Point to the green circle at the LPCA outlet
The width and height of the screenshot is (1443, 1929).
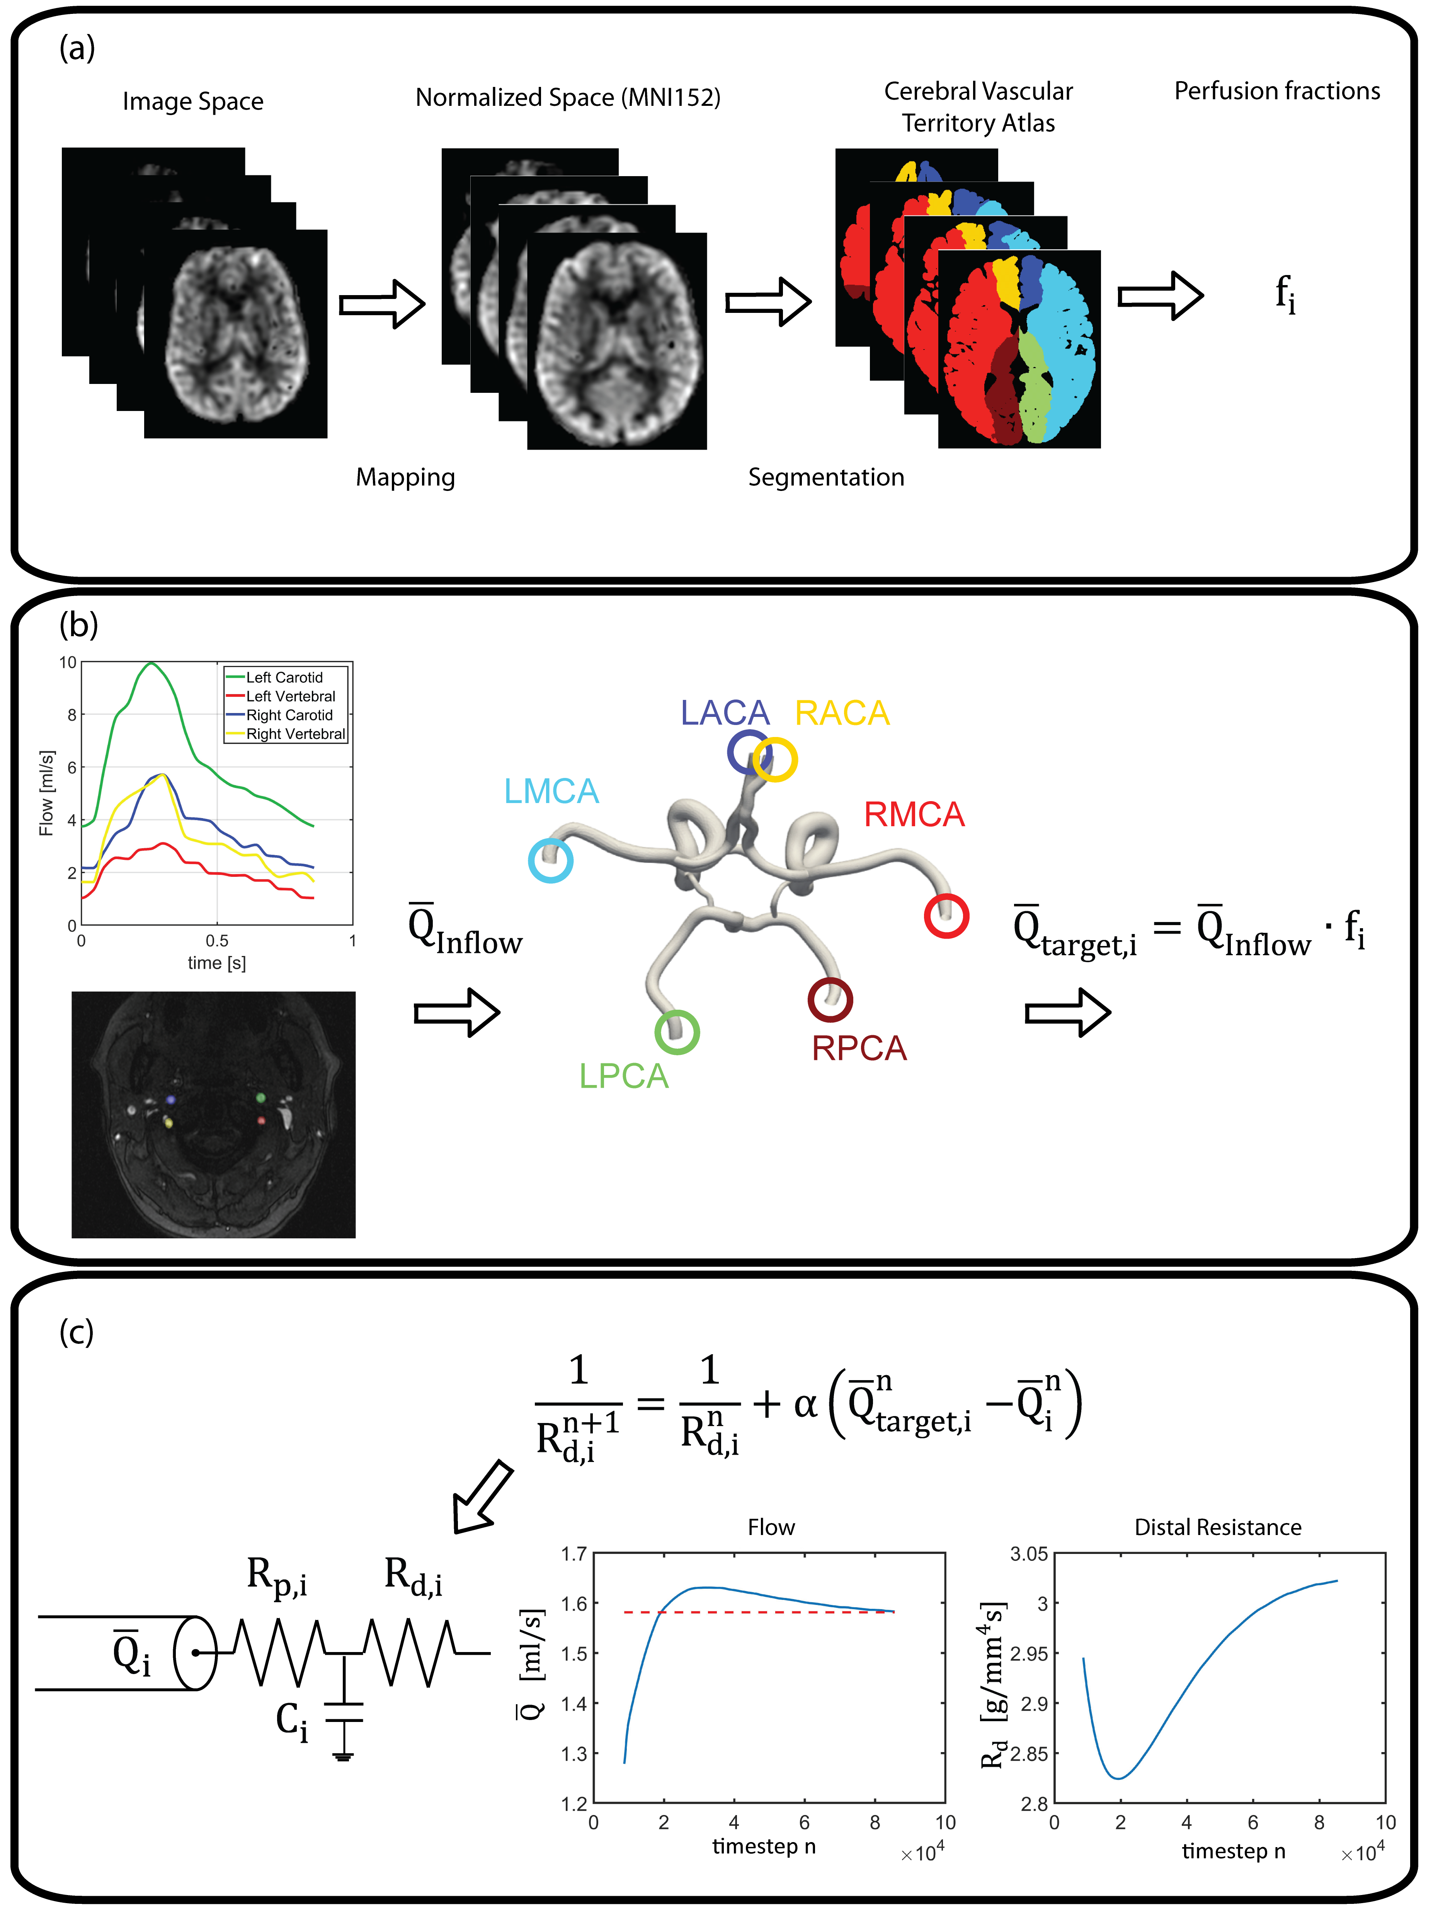[x=677, y=1032]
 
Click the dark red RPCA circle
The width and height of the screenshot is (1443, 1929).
[x=830, y=999]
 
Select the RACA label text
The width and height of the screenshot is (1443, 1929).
[x=842, y=713]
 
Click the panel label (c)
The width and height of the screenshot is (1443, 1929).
[x=77, y=1331]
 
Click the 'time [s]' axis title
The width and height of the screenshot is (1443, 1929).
[x=216, y=963]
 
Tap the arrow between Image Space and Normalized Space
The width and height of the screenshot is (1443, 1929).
[x=381, y=304]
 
